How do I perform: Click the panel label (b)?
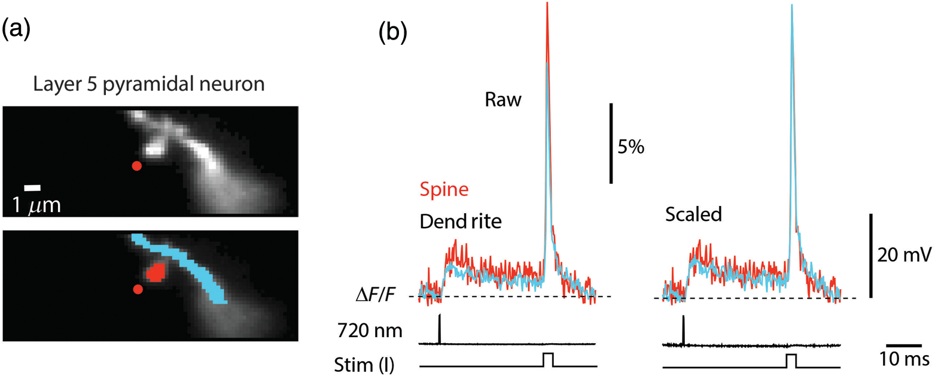[x=393, y=32]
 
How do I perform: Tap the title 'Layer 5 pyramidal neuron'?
[x=149, y=84]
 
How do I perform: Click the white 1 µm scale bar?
[x=32, y=187]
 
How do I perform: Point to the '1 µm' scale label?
[x=36, y=205]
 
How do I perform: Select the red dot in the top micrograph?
[x=136, y=166]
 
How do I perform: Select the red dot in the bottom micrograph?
[x=138, y=289]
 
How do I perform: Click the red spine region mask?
[x=156, y=273]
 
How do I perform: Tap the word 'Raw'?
[x=503, y=100]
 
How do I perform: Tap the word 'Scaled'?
[x=693, y=215]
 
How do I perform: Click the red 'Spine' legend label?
[x=444, y=190]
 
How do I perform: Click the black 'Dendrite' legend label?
[x=461, y=222]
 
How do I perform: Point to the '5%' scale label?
[x=631, y=147]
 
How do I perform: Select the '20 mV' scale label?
[x=904, y=255]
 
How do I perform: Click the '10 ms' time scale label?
[x=904, y=359]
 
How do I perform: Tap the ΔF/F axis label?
[x=376, y=295]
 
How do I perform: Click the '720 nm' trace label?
[x=370, y=331]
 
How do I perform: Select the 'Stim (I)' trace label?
[x=364, y=365]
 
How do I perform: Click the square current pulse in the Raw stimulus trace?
[x=548, y=360]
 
